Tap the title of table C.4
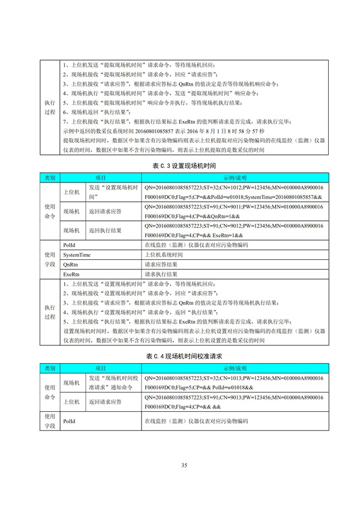[x=180, y=357]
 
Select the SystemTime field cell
[x=77, y=254]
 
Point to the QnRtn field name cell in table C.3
[x=70, y=264]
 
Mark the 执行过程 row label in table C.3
[x=49, y=311]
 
